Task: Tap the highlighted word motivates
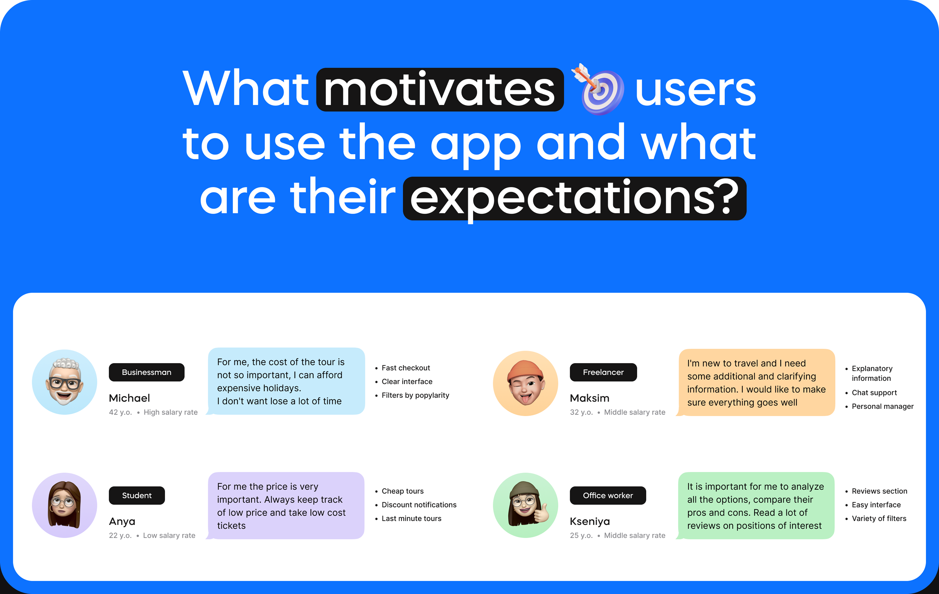click(440, 90)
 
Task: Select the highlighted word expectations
click(574, 199)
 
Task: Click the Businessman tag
click(147, 372)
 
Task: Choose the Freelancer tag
click(603, 372)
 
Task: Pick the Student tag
click(137, 495)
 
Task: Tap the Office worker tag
click(608, 495)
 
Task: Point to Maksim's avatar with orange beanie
click(525, 383)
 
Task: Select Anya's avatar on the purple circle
click(64, 505)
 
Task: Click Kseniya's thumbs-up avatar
click(525, 505)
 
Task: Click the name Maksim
click(590, 398)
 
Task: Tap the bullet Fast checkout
click(405, 368)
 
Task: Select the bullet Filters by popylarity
click(415, 395)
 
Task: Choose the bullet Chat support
click(874, 393)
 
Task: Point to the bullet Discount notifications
click(419, 505)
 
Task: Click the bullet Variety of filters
click(879, 518)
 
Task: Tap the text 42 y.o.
click(120, 412)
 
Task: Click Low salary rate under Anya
click(169, 536)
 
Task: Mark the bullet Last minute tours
click(411, 518)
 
